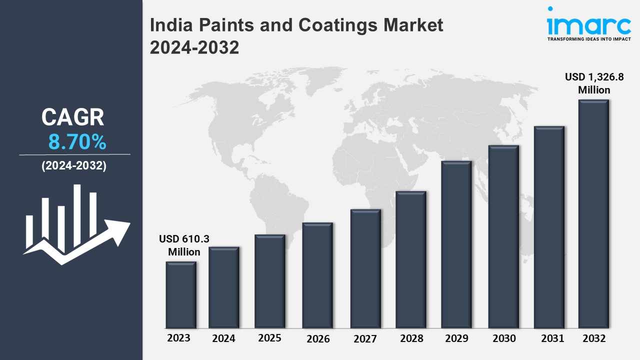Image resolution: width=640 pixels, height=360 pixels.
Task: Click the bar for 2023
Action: (181, 295)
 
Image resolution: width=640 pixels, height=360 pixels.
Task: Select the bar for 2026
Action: (317, 275)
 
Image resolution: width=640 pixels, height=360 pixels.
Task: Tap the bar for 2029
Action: (456, 244)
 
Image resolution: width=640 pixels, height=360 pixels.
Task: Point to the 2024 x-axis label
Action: (223, 338)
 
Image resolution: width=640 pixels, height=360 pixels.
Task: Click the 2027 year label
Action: (365, 339)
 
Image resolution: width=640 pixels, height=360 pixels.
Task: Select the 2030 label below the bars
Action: (503, 338)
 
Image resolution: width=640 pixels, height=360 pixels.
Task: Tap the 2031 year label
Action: (552, 338)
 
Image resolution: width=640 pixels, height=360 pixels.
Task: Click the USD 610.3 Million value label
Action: (184, 245)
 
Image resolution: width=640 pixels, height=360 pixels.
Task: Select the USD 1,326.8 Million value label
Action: (594, 83)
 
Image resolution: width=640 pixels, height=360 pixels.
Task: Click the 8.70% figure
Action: (77, 142)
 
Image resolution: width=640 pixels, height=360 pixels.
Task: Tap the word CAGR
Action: (73, 117)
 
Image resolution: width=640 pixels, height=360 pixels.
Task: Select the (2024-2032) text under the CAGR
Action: (74, 166)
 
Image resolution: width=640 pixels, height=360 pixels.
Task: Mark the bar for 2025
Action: (270, 281)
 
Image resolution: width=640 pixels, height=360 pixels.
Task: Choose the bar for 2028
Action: (411, 259)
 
